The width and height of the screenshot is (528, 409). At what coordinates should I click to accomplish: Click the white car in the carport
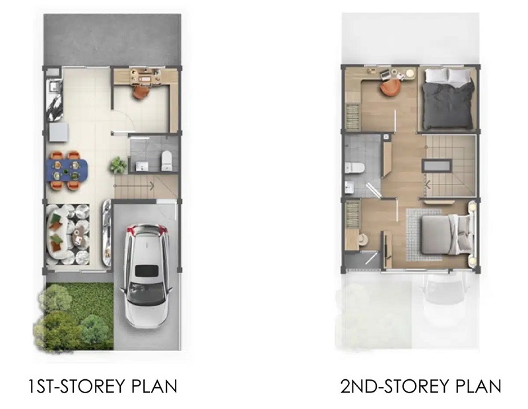pos(146,276)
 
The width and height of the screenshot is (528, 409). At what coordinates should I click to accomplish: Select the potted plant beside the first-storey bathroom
pos(118,166)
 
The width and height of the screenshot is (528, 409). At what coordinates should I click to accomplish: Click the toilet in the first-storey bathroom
pos(167,160)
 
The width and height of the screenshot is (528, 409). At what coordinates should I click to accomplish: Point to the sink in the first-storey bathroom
pos(142,166)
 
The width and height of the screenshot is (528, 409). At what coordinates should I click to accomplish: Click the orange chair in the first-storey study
pos(141,92)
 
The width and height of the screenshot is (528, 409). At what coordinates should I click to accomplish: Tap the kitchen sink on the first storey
pos(54,86)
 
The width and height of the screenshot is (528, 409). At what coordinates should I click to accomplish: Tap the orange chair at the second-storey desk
pos(391,88)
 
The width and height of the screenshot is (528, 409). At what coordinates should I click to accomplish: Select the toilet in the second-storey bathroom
pos(354,168)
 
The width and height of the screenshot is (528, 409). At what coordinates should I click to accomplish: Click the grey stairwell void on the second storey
pos(437,166)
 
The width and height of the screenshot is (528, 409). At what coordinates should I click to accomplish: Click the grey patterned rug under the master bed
pos(425,235)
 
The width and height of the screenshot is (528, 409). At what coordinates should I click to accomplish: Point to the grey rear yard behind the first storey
pos(112,40)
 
